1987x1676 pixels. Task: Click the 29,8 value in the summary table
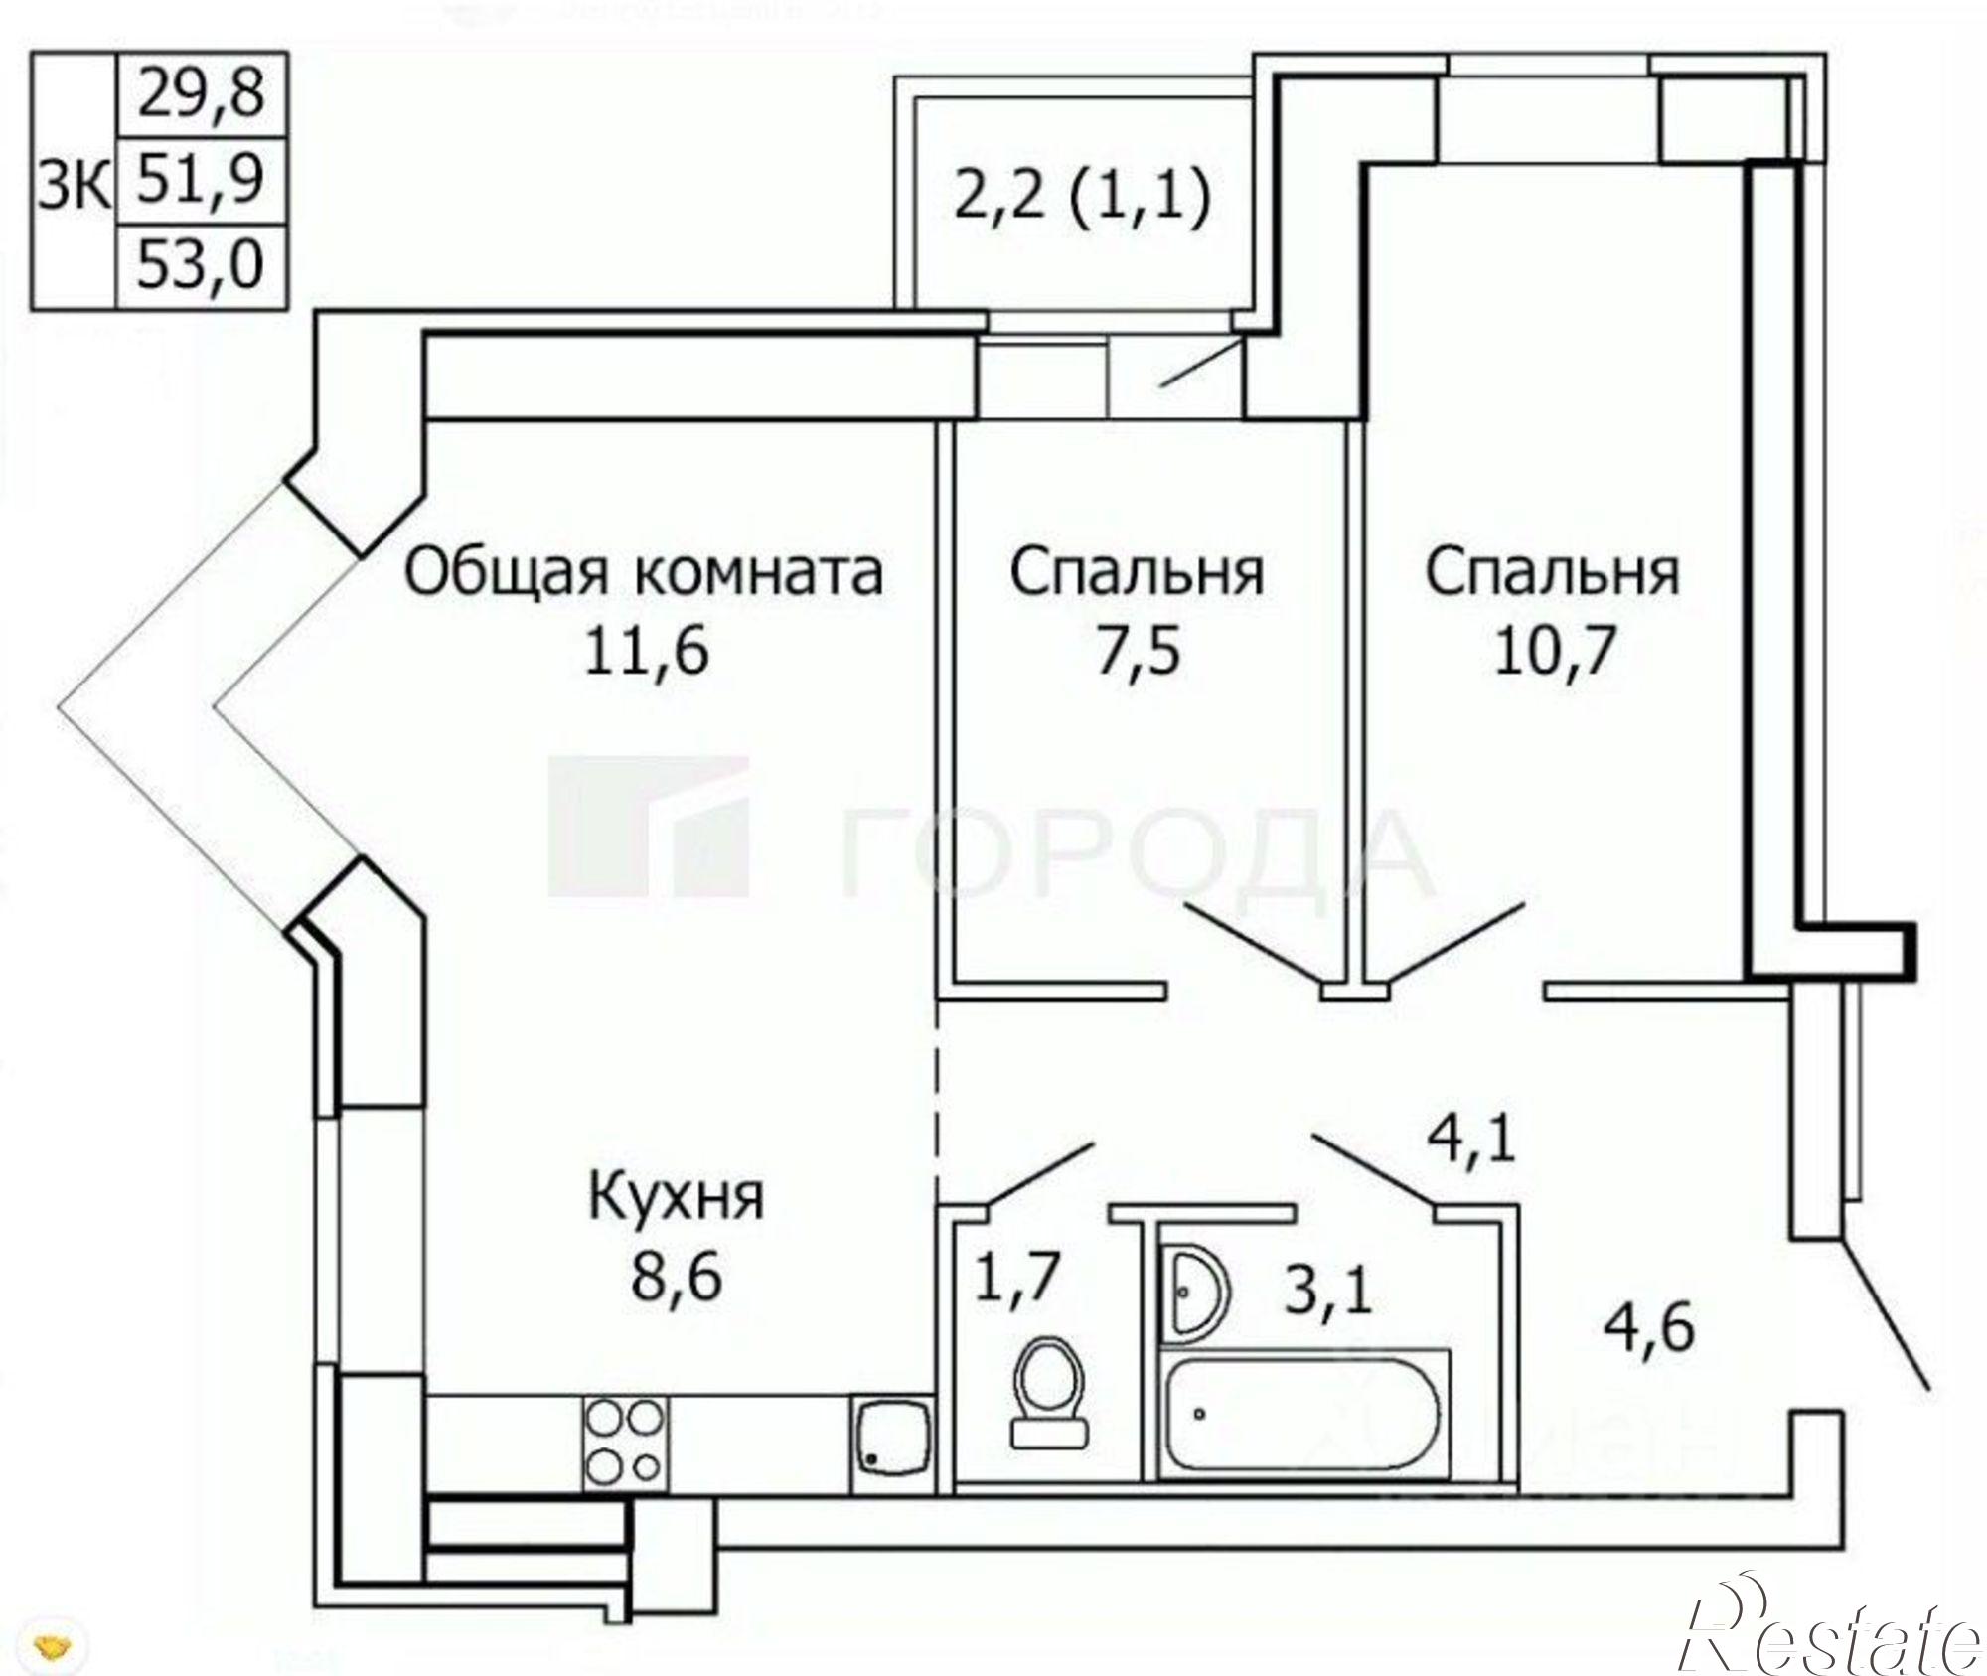coord(202,94)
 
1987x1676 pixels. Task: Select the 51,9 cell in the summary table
coord(202,180)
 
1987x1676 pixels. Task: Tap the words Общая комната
coord(644,574)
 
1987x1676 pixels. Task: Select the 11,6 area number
coord(646,653)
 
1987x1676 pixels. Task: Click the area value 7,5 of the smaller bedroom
coord(1138,653)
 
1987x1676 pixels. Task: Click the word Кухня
coord(677,1197)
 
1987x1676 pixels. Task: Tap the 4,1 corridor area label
coord(1471,1137)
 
